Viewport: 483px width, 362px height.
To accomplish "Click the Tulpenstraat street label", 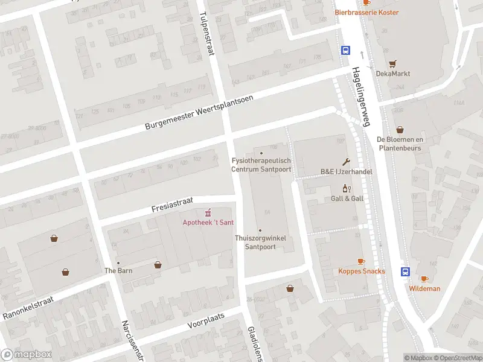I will [206, 34].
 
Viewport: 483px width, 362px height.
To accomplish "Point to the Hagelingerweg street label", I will [358, 97].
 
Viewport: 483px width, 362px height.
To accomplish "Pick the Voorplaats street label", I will [206, 320].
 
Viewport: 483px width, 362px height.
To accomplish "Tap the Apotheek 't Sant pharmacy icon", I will [208, 212].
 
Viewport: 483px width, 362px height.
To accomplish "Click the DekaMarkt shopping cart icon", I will [392, 63].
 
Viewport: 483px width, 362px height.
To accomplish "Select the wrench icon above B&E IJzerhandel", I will [346, 161].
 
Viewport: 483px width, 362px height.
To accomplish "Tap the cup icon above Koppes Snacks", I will [361, 261].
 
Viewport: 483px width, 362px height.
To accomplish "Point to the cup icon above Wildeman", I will [424, 278].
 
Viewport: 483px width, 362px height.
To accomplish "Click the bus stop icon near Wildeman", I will [405, 271].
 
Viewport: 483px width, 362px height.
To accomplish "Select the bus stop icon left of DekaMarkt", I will [346, 51].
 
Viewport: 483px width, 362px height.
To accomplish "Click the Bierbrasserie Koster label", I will [366, 12].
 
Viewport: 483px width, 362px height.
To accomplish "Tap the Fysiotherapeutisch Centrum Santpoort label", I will [261, 165].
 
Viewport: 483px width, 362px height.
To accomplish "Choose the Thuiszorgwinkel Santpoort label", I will [260, 243].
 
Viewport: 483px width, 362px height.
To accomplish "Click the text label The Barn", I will [118, 270].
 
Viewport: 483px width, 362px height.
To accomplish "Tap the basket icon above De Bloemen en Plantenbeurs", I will [400, 130].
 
